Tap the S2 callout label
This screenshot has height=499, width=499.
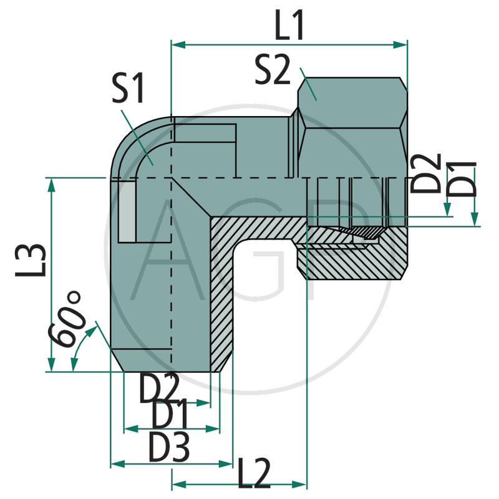[x=273, y=70]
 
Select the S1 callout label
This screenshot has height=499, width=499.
[x=128, y=89]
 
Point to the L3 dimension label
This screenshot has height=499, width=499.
[x=31, y=259]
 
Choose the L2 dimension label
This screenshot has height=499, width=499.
[x=254, y=474]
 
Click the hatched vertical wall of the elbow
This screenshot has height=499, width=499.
[x=221, y=293]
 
